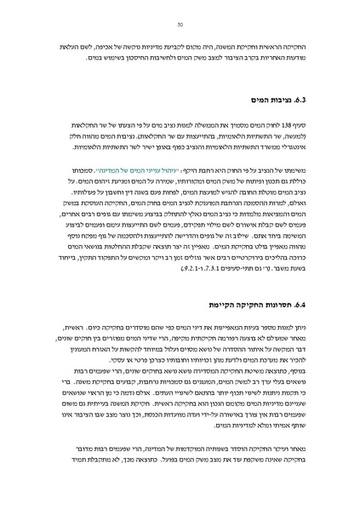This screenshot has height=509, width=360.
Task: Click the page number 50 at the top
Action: click(180, 26)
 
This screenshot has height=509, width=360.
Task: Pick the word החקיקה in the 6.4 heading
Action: click(248, 303)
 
